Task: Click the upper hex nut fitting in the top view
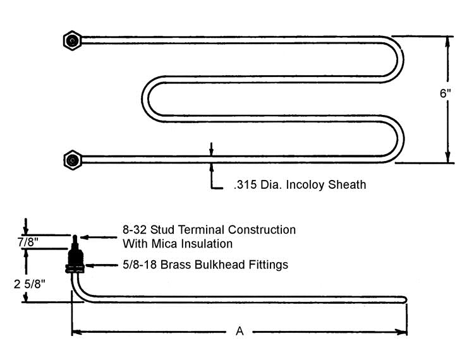73,40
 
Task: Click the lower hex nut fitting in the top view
73,160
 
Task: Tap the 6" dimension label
445,93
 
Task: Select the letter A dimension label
240,332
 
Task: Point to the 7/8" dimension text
28,242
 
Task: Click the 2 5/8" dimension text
29,284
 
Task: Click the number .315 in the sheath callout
245,184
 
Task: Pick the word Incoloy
305,184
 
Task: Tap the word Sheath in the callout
347,184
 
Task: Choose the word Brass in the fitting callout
176,265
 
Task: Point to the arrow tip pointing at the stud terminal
81,237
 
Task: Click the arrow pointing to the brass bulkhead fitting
102,265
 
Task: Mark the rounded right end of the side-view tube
405,299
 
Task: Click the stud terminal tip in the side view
75,236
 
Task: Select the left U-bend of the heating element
146,99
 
